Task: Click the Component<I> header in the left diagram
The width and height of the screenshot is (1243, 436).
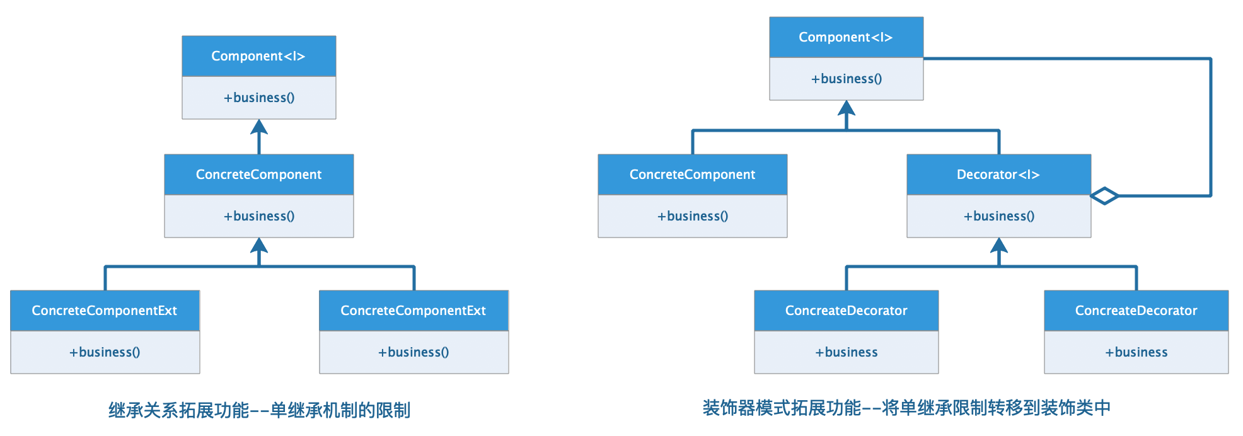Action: (258, 56)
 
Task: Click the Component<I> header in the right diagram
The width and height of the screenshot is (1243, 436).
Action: (846, 37)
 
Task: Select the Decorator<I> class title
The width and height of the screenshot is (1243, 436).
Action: (998, 175)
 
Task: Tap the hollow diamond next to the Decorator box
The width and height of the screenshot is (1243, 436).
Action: (1104, 196)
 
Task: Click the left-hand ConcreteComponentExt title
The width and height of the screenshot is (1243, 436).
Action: (105, 311)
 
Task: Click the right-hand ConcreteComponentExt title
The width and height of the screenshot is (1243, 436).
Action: (413, 311)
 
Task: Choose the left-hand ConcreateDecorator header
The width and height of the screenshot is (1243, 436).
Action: (846, 311)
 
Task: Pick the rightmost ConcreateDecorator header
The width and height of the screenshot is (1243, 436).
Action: (1136, 311)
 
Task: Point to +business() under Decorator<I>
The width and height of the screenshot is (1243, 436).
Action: (998, 216)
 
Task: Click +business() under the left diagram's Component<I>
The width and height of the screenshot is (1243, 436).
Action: (258, 98)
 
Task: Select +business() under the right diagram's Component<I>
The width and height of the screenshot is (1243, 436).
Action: (846, 79)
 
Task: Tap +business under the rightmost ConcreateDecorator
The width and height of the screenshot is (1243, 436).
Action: (1136, 352)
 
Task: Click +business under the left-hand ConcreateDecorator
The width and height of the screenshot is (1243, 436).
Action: (846, 352)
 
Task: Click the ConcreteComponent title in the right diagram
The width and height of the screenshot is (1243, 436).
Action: (692, 175)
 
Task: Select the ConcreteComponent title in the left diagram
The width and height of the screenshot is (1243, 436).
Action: (258, 175)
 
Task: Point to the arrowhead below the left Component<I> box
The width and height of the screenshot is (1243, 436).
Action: (259, 127)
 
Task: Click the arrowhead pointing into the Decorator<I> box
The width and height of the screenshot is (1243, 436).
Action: (999, 246)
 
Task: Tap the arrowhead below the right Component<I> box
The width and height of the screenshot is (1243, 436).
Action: (847, 108)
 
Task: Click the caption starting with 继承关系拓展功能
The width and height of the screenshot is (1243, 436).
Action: (259, 410)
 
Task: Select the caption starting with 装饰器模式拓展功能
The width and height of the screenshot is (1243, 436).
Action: (906, 408)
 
